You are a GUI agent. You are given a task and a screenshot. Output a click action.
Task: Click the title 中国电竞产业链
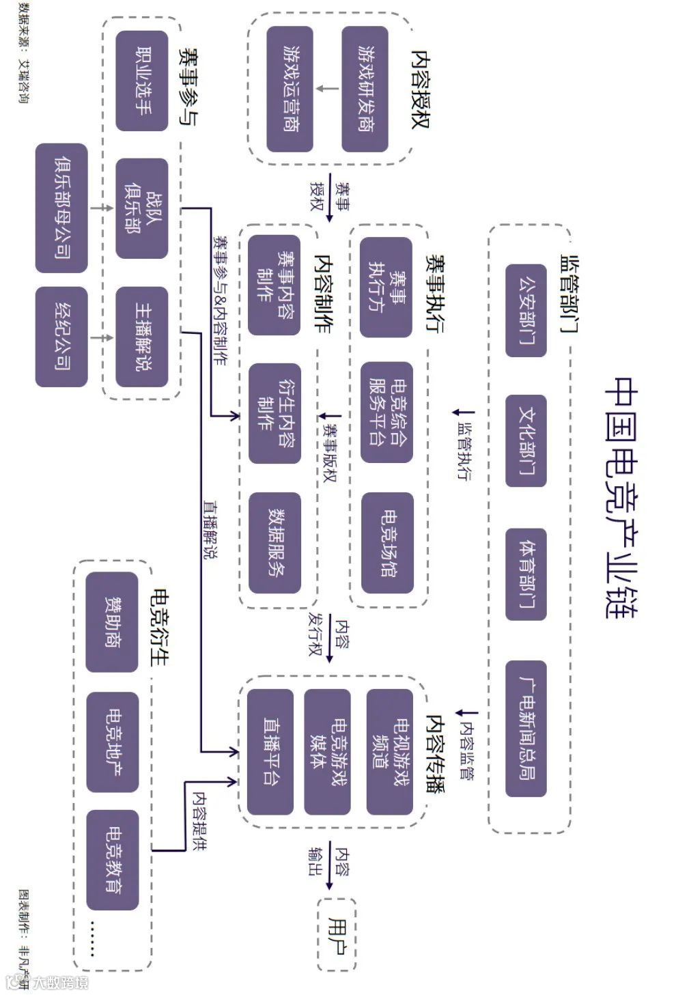coord(621,496)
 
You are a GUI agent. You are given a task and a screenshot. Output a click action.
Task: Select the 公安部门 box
coord(526,310)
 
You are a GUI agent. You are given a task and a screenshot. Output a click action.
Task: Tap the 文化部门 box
coord(526,440)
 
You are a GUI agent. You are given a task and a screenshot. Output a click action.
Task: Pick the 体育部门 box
coord(526,574)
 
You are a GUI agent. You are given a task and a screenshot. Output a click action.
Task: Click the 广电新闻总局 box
coord(526,728)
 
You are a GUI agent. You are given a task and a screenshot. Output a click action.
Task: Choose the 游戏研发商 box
coord(365,89)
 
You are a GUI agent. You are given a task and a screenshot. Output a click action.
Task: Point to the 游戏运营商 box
coord(290,89)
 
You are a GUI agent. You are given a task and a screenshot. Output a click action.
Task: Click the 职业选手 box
coord(142,81)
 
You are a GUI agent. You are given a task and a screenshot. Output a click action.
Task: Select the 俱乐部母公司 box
coord(61,208)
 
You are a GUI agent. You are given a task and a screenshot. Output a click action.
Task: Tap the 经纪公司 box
coord(61,336)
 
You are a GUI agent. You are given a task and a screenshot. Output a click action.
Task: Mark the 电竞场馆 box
coord(387,543)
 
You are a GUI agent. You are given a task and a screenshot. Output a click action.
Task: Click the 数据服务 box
coord(275,543)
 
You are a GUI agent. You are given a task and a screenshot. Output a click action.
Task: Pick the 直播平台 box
coord(270,751)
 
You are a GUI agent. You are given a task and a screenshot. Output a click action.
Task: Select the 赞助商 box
coord(112,621)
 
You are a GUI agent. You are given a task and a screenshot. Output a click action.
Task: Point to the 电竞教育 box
coord(112,859)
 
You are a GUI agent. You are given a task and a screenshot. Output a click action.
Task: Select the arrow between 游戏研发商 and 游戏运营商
coord(327,89)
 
